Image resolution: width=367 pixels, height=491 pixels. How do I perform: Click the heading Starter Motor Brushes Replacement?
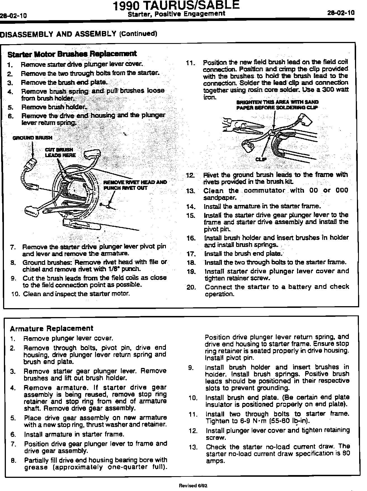pyautogui.click(x=72, y=54)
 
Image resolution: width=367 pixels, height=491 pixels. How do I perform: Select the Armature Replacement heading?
pyautogui.click(x=51, y=328)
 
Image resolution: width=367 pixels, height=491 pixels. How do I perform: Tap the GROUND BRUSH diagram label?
pyautogui.click(x=32, y=138)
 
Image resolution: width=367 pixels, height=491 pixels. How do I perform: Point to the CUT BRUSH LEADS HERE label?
pyautogui.click(x=60, y=152)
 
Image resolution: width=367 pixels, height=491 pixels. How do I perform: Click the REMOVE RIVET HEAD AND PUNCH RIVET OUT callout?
pyautogui.click(x=135, y=185)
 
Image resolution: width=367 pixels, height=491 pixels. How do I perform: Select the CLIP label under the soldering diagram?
pyautogui.click(x=261, y=159)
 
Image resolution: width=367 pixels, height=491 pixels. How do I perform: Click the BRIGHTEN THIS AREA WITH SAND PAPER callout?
pyautogui.click(x=277, y=105)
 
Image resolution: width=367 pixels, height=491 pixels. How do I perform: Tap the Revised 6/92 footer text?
pyautogui.click(x=193, y=486)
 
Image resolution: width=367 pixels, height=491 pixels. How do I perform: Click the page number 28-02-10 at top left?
pyautogui.click(x=13, y=16)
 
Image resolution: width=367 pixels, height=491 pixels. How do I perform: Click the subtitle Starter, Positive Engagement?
pyautogui.click(x=176, y=14)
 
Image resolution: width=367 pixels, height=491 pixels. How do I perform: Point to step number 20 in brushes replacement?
pyautogui.click(x=192, y=287)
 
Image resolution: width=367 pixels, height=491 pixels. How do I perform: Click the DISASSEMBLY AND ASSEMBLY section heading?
pyautogui.click(x=58, y=34)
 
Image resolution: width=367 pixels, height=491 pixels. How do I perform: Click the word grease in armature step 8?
pyautogui.click(x=36, y=467)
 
